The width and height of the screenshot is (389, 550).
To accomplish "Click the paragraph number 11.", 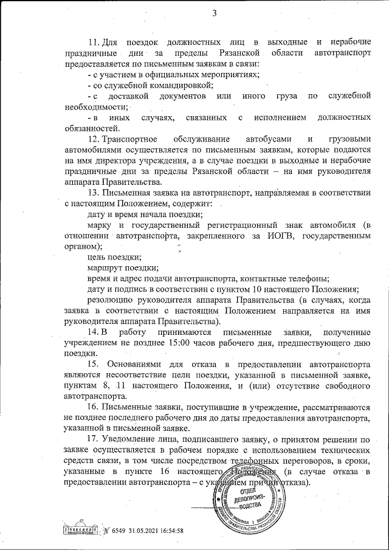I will [94, 42].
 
